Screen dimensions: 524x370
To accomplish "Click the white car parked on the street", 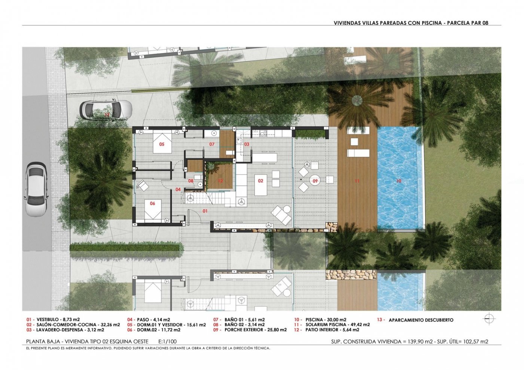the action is pyautogui.click(x=36, y=189).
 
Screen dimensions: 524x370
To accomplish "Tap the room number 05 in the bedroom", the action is pyautogui.click(x=162, y=144).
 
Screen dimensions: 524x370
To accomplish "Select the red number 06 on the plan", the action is pyautogui.click(x=152, y=203).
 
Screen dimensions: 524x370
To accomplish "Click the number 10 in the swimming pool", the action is pyautogui.click(x=399, y=181).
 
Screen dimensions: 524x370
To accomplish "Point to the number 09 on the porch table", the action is pyautogui.click(x=315, y=181).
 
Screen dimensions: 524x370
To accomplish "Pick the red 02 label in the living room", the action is pyautogui.click(x=261, y=181).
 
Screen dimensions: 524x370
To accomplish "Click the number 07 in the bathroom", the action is pyautogui.click(x=212, y=144).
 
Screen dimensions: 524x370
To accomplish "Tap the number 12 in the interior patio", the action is pyautogui.click(x=220, y=181).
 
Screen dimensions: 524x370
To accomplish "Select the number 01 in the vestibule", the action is pyautogui.click(x=205, y=211).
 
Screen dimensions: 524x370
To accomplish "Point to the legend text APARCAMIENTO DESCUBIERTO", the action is pyautogui.click(x=421, y=320).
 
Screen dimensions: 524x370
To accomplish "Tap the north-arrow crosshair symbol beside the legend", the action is pyautogui.click(x=489, y=318).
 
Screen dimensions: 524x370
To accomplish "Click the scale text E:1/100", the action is pyautogui.click(x=168, y=342).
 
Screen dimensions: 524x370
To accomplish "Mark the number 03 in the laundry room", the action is pyautogui.click(x=247, y=144).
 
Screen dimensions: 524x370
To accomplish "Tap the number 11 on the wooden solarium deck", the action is pyautogui.click(x=357, y=181).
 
